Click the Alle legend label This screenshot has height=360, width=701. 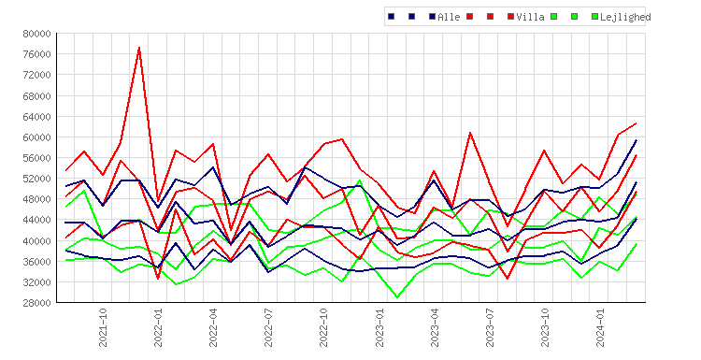coord(449,17)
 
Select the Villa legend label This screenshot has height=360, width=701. coord(530,17)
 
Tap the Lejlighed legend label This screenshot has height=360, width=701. coord(625,17)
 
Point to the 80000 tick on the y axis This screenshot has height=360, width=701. coord(37,34)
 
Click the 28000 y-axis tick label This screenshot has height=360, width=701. coord(37,303)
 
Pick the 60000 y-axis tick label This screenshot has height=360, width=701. coord(37,137)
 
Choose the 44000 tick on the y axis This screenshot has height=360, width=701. coord(37,220)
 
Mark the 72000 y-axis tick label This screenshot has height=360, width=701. coord(37,75)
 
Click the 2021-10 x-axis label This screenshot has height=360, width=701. coord(103,327)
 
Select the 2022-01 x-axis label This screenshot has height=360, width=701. coord(158,327)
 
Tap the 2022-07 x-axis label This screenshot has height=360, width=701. coord(268,327)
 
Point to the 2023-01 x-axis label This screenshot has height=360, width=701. coord(379,327)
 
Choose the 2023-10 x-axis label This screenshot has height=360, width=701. coord(545,327)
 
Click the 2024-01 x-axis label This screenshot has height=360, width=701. coord(600,327)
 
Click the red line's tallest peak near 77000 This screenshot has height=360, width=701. coord(139,47)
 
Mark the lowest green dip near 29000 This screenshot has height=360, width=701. coord(397,297)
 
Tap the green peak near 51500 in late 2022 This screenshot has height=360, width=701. coord(360,180)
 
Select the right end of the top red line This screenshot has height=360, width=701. coord(637,123)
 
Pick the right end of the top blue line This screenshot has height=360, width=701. coord(637,140)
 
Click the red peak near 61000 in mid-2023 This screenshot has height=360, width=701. coord(470,133)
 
